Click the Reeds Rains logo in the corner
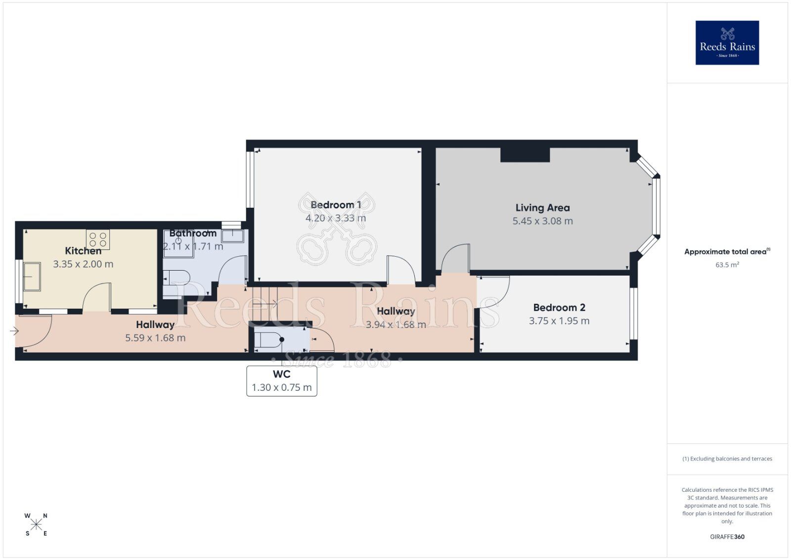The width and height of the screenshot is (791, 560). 727,43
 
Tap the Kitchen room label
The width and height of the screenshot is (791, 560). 83,251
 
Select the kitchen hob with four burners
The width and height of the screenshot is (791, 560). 98,239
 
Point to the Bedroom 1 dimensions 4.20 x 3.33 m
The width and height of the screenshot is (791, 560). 336,218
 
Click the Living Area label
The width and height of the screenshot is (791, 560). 542,208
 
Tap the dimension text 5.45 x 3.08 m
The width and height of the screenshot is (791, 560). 542,221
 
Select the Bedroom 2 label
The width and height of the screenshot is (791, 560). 559,308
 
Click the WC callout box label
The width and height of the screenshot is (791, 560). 281,374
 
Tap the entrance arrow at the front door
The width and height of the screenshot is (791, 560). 14,331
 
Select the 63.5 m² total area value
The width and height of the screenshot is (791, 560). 727,265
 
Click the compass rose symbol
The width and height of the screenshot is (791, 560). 36,524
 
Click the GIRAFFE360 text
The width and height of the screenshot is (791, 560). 727,537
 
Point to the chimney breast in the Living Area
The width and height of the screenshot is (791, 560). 525,154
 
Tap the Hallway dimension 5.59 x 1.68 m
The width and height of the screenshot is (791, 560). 155,338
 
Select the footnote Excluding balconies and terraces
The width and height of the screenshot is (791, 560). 727,459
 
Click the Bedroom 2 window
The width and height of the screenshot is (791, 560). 633,314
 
